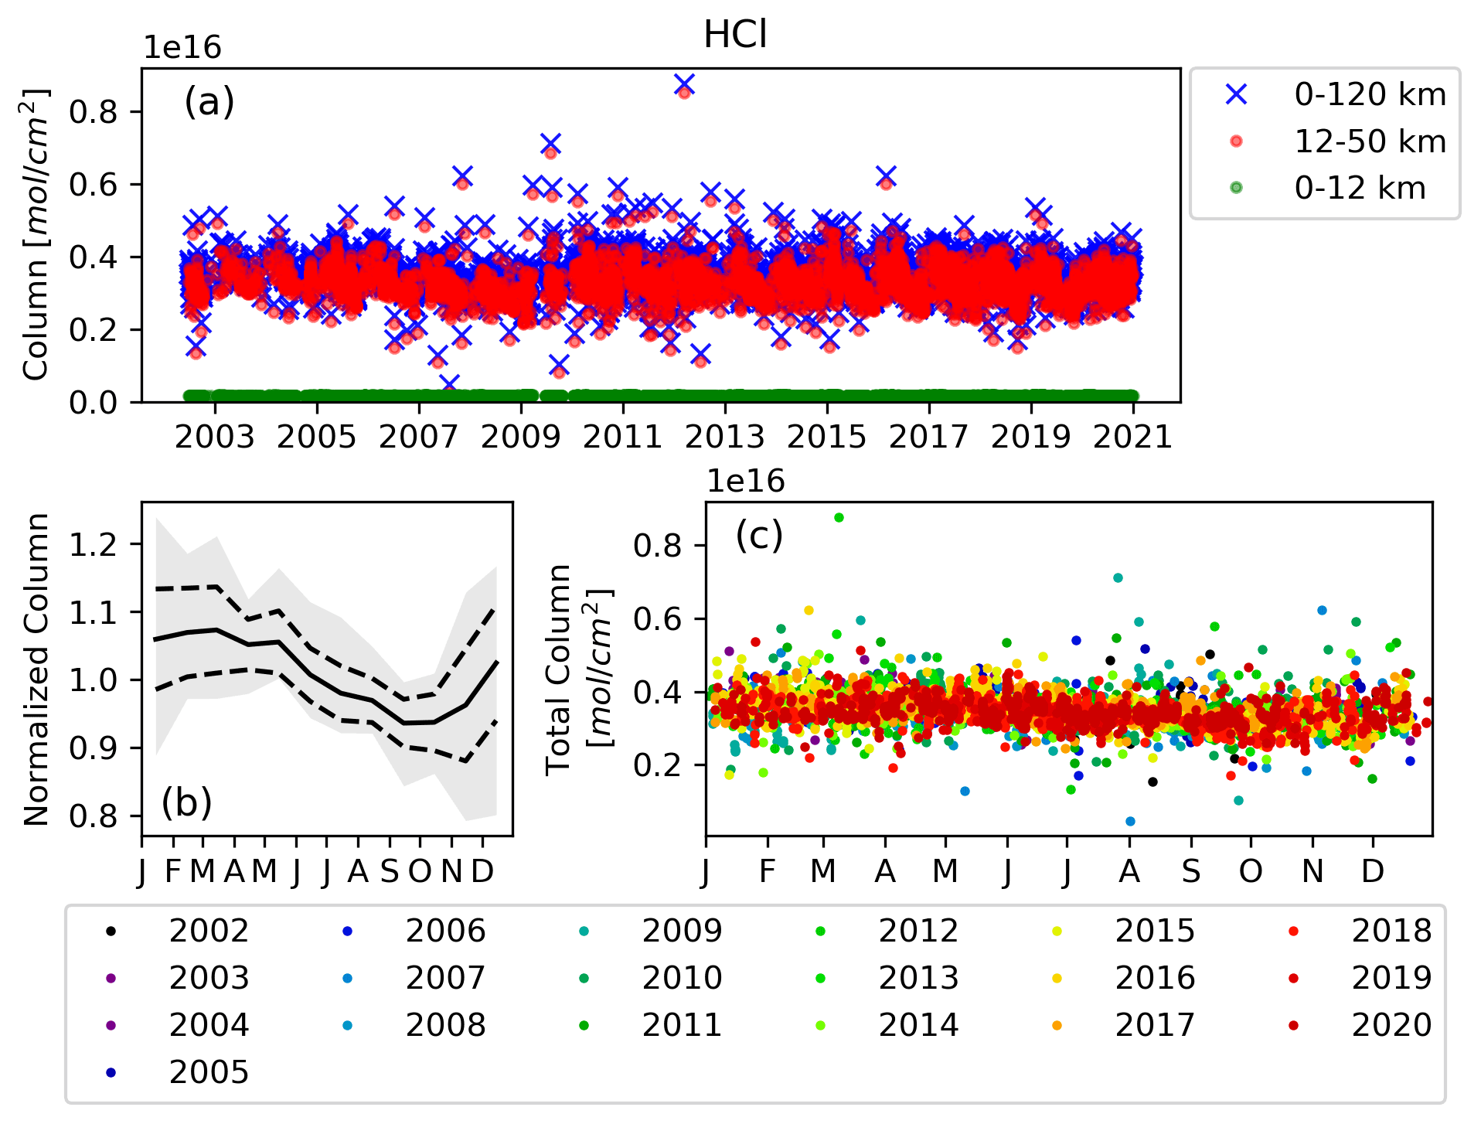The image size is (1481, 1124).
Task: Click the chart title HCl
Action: pyautogui.click(x=735, y=35)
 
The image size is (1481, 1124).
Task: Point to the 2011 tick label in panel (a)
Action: pyautogui.click(x=622, y=437)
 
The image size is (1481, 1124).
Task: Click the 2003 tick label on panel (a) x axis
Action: pyautogui.click(x=214, y=437)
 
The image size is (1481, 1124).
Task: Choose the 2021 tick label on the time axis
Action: pyautogui.click(x=1133, y=437)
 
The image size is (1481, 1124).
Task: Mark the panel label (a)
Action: pyautogui.click(x=209, y=102)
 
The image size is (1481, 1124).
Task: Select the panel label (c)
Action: pyautogui.click(x=759, y=535)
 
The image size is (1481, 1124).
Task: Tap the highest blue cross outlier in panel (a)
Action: pyautogui.click(x=684, y=83)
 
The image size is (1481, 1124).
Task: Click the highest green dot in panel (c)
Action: pyautogui.click(x=839, y=518)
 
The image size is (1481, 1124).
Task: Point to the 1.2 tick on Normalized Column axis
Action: pyautogui.click(x=94, y=545)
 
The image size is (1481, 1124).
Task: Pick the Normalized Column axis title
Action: pyautogui.click(x=36, y=669)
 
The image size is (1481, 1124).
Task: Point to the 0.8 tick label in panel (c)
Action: pyautogui.click(x=657, y=546)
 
